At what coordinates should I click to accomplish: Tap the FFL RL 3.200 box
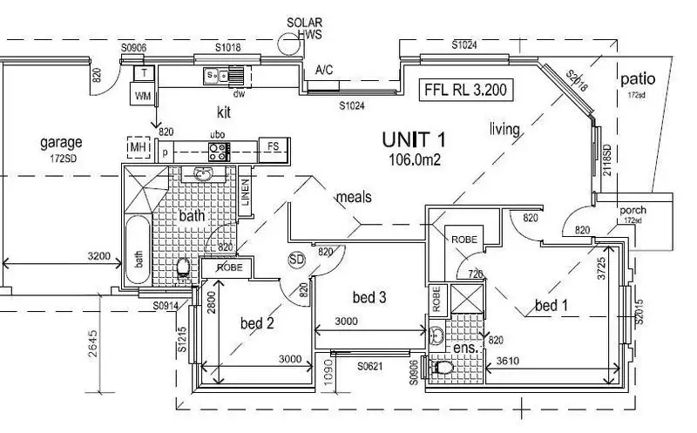point(465,90)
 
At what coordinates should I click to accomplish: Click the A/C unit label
point(324,70)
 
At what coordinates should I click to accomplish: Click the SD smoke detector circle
point(296,260)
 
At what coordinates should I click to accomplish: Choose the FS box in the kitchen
point(274,147)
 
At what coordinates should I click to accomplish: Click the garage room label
point(61,142)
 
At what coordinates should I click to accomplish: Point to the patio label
point(638,80)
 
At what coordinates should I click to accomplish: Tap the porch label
point(633,210)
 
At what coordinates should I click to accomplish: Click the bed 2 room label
point(258,323)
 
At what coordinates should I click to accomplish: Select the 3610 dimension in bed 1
point(512,360)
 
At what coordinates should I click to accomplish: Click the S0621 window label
point(370,368)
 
